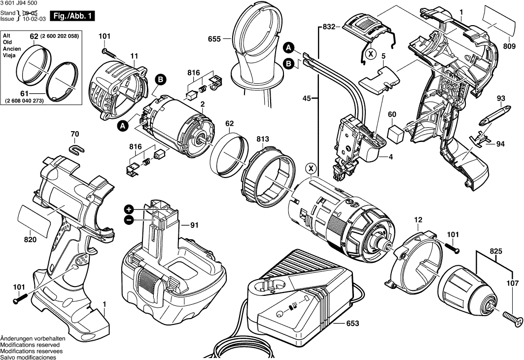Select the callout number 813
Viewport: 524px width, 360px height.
tap(263, 140)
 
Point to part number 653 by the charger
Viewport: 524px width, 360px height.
tap(351, 324)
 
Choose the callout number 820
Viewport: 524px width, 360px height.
tap(31, 240)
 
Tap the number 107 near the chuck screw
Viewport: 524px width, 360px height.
tap(513, 283)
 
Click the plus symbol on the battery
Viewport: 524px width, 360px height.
tap(129, 209)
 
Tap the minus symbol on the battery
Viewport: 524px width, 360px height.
tap(129, 220)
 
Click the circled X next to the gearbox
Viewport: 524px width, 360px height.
tap(311, 169)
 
